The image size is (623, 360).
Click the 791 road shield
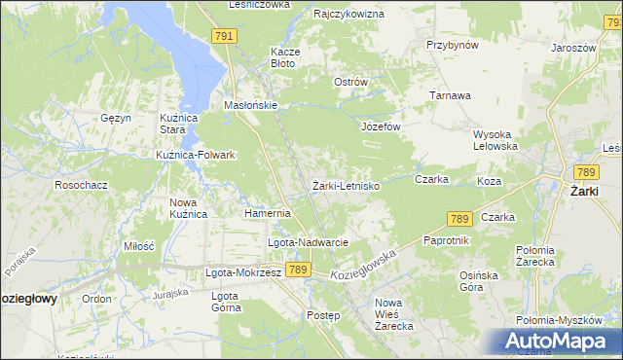click(224, 36)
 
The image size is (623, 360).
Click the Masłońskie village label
click(252, 105)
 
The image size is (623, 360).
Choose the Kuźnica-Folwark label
click(196, 155)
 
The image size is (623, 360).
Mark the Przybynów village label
click(453, 45)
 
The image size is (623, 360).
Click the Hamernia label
click(268, 213)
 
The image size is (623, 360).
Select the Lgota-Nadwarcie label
click(308, 242)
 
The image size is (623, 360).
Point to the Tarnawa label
click(452, 95)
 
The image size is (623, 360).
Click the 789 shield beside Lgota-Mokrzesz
click(298, 270)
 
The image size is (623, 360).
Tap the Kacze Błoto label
click(283, 56)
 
